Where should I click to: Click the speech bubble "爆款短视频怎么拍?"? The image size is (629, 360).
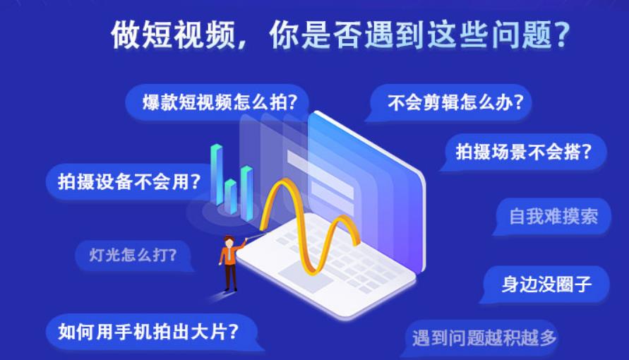coord(220,102)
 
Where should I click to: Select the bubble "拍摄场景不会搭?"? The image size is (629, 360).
coord(522,151)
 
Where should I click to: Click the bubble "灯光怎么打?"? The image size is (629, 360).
coord(133,253)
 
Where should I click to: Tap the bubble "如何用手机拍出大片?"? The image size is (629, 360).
coord(151,330)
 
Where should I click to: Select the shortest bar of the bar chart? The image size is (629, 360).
coord(231,196)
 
